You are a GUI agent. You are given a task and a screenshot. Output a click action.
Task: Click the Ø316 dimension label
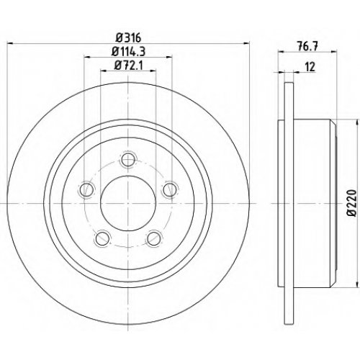(127, 37)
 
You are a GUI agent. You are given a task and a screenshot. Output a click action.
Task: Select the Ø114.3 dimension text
(129, 51)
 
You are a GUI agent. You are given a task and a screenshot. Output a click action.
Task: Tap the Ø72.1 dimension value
(129, 66)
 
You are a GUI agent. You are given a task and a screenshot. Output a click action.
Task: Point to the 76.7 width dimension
(308, 46)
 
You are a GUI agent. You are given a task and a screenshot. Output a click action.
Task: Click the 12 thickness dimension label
(310, 67)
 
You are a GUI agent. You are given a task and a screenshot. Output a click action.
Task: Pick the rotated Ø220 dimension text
(352, 203)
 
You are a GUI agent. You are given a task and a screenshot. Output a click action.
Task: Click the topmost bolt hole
(128, 159)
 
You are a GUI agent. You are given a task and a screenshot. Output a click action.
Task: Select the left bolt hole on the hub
(86, 189)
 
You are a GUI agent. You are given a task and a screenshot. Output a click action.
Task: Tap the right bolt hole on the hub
(170, 189)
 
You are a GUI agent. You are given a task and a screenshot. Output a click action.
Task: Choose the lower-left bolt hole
(102, 238)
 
